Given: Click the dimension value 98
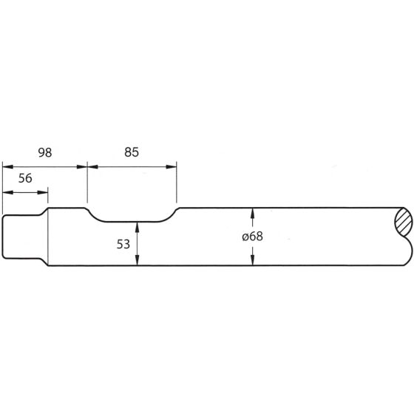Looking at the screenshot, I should (x=44, y=153).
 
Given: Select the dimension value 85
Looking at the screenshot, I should (x=132, y=153).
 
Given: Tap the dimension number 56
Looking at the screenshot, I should (x=24, y=179).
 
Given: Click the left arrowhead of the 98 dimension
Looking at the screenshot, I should (x=6, y=167).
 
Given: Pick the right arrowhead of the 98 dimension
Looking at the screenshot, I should (x=83, y=167).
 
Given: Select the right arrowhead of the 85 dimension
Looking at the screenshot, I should (x=173, y=167).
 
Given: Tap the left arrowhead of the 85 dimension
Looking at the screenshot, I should (x=92, y=167).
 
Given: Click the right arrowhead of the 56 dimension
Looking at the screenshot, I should (x=44, y=193).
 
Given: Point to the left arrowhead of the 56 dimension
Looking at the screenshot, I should (x=6, y=193).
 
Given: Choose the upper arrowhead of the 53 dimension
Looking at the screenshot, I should (x=138, y=224).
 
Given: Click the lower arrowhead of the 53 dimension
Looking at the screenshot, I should (x=138, y=262).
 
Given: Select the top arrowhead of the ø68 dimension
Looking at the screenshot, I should (x=254, y=212).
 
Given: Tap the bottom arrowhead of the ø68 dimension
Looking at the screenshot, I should (x=254, y=261).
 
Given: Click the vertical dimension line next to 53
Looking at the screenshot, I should (x=138, y=244).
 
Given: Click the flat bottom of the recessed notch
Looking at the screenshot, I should (x=133, y=220).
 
